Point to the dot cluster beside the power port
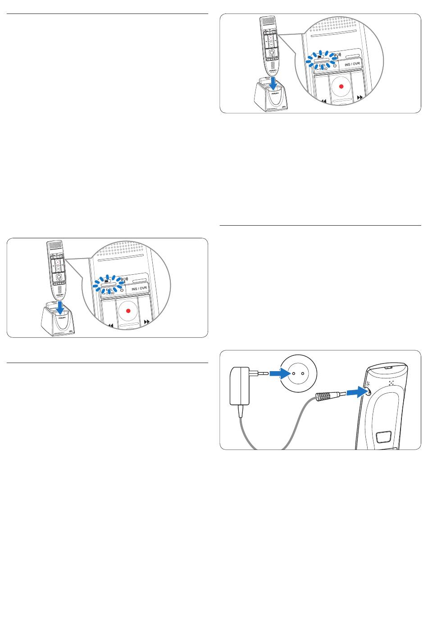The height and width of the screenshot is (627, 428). (x=391, y=383)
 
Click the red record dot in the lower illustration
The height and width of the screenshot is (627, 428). (x=128, y=311)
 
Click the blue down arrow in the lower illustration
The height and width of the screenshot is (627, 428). (x=60, y=309)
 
